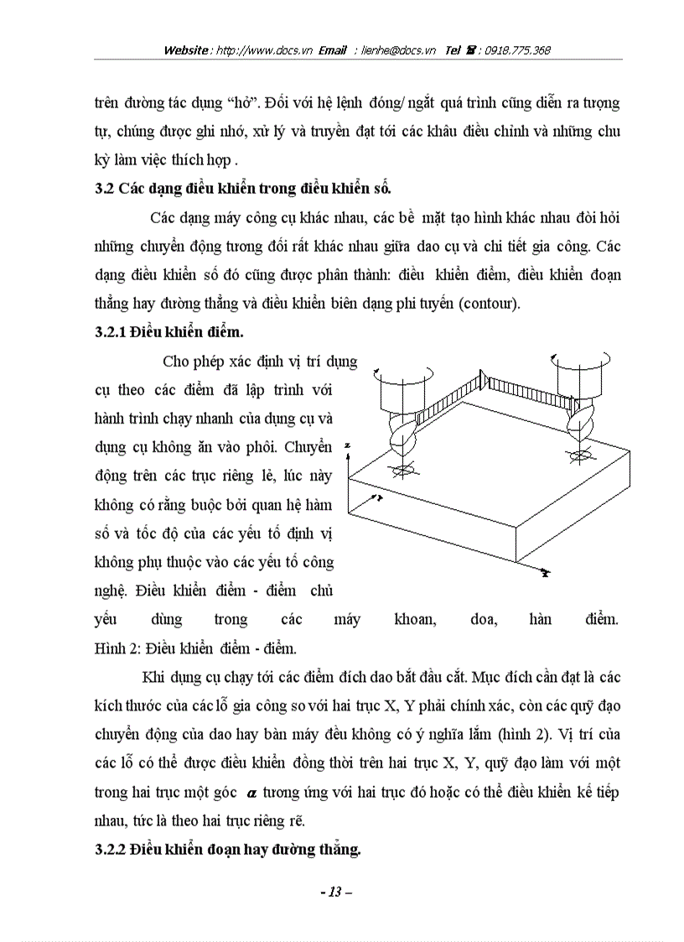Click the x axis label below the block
coord(545,574)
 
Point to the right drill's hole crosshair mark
coord(578,457)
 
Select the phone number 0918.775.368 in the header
coord(515,50)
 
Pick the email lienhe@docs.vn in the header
coord(399,50)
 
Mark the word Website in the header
coord(186,50)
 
